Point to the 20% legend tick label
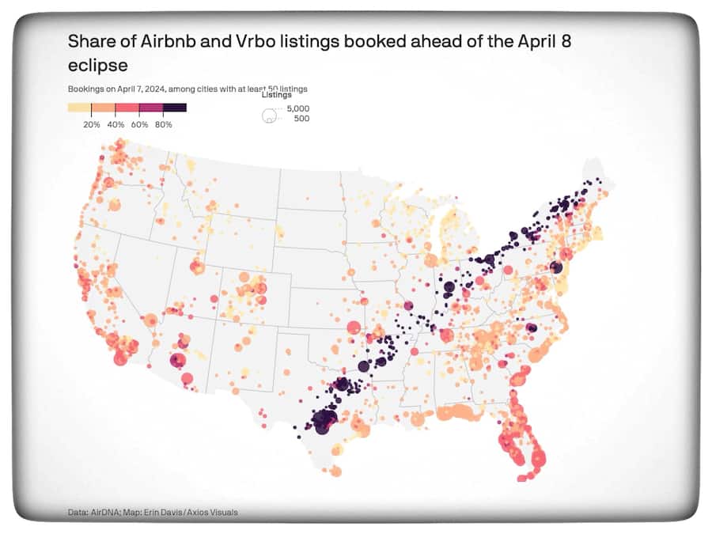[91, 125]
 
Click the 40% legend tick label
[116, 125]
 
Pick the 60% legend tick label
[139, 125]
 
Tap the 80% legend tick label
[164, 125]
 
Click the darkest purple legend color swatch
[175, 107]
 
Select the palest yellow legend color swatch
[79, 107]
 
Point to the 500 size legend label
[301, 119]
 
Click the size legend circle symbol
[268, 116]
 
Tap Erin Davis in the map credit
[162, 513]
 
